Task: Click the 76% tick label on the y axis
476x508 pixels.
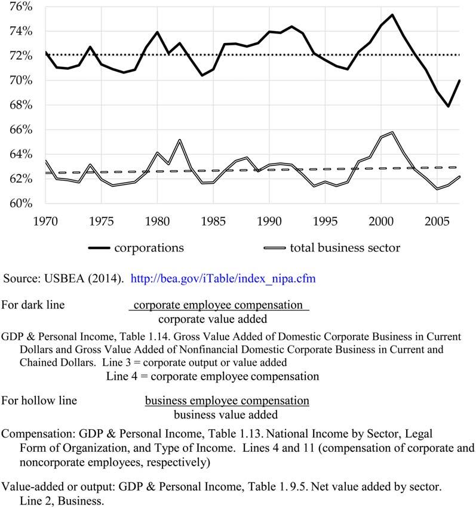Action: [x=20, y=7]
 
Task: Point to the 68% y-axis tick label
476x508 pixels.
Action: [x=20, y=106]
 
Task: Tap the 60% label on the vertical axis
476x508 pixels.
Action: [x=20, y=204]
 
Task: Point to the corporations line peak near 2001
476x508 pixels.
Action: [x=392, y=15]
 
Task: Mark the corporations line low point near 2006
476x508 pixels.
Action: [x=448, y=106]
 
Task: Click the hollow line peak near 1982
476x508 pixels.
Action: [x=179, y=140]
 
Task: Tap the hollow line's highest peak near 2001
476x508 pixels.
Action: [x=392, y=133]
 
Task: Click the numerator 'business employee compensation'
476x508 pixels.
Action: [x=227, y=400]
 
